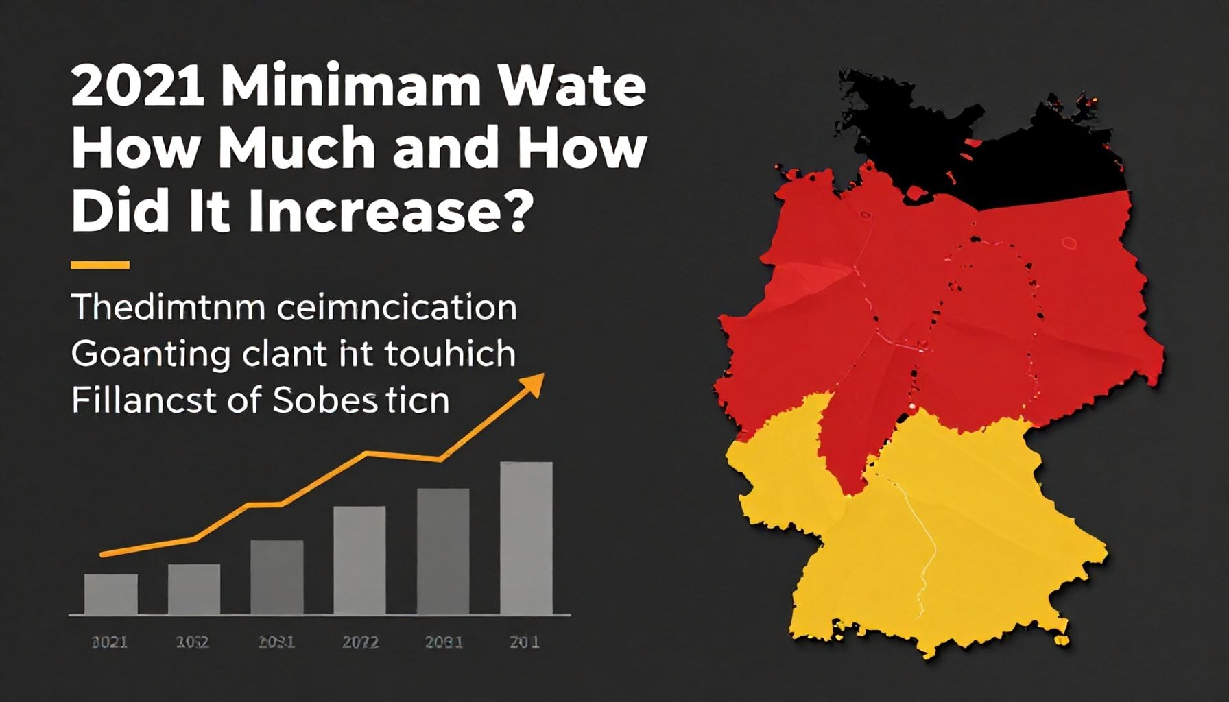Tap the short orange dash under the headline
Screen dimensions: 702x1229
(x=100, y=265)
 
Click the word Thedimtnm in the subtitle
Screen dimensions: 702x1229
(x=167, y=308)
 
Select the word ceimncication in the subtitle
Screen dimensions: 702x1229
(x=397, y=308)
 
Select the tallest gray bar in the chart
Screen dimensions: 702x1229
(x=526, y=538)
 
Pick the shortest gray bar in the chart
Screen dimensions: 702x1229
(x=111, y=594)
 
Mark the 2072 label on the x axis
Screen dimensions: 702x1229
(x=360, y=642)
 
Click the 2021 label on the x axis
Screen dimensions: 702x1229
(x=109, y=642)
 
